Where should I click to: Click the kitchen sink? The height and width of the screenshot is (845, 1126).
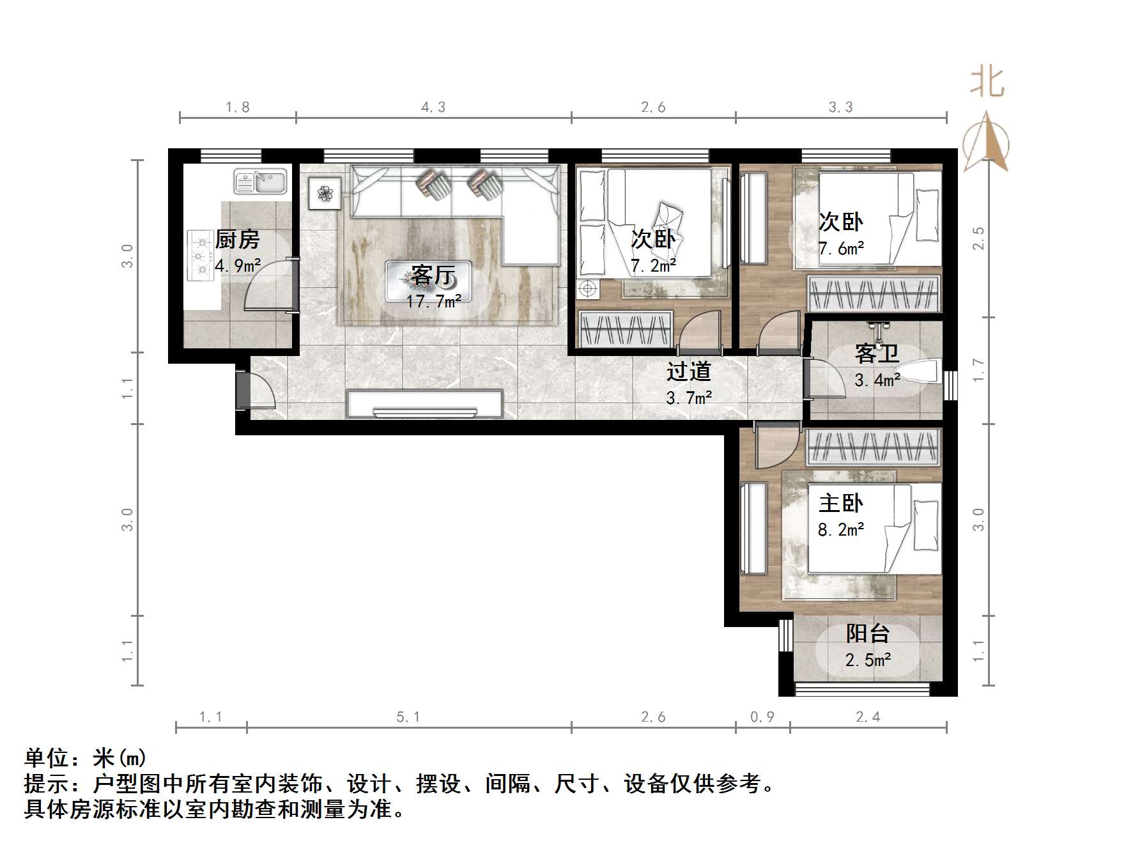click(x=260, y=181)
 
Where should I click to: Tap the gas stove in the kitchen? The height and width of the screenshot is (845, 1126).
click(x=199, y=255)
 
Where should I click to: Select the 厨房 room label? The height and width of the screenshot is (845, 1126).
click(x=238, y=240)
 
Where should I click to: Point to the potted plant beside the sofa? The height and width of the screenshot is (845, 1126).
click(x=325, y=192)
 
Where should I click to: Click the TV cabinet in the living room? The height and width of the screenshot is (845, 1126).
click(x=425, y=404)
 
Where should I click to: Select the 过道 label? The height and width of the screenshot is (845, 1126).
click(x=688, y=371)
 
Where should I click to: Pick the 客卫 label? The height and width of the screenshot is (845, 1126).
click(x=877, y=353)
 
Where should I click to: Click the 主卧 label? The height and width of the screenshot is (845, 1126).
click(x=841, y=504)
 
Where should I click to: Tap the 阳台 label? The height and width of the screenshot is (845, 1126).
click(x=868, y=633)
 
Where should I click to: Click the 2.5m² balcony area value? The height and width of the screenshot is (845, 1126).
click(x=868, y=660)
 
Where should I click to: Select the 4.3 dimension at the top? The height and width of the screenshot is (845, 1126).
click(x=433, y=107)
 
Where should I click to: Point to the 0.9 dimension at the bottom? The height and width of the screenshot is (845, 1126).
click(x=762, y=717)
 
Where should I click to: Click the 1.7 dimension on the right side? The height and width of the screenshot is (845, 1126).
click(x=978, y=370)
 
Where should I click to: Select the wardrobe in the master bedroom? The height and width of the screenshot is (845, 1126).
click(x=873, y=446)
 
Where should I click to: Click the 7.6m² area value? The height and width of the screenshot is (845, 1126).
click(x=841, y=248)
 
